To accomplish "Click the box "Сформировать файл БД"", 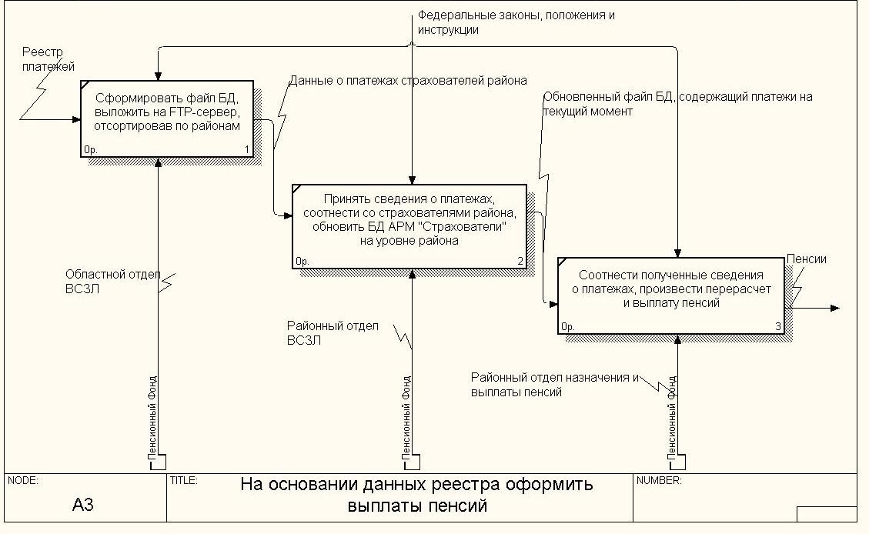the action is coord(167,118).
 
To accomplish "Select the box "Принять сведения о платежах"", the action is coord(409,226).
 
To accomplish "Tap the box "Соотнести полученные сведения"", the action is coord(671,295).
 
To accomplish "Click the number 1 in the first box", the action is coord(247,149).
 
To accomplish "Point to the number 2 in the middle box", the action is coord(520,262).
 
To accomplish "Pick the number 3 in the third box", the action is coord(778,327).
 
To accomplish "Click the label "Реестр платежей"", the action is coord(48,59).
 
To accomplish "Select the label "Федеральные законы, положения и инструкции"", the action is coord(516,23).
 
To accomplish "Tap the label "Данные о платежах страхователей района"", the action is coord(409,80).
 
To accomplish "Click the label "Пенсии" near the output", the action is coord(807,259).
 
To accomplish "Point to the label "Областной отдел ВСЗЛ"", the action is coord(112,282).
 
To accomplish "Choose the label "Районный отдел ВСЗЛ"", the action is coord(333,333).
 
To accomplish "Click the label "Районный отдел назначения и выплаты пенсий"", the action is coord(555,385).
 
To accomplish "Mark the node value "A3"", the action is coord(83,505).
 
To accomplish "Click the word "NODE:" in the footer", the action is coord(23,481).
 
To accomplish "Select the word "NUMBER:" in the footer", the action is coord(659,481).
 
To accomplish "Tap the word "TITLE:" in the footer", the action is coord(183,481).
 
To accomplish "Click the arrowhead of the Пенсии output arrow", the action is coord(835,308).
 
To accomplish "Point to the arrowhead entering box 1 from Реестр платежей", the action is coord(76,119).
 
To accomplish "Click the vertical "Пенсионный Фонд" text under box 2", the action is coord(406,417).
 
